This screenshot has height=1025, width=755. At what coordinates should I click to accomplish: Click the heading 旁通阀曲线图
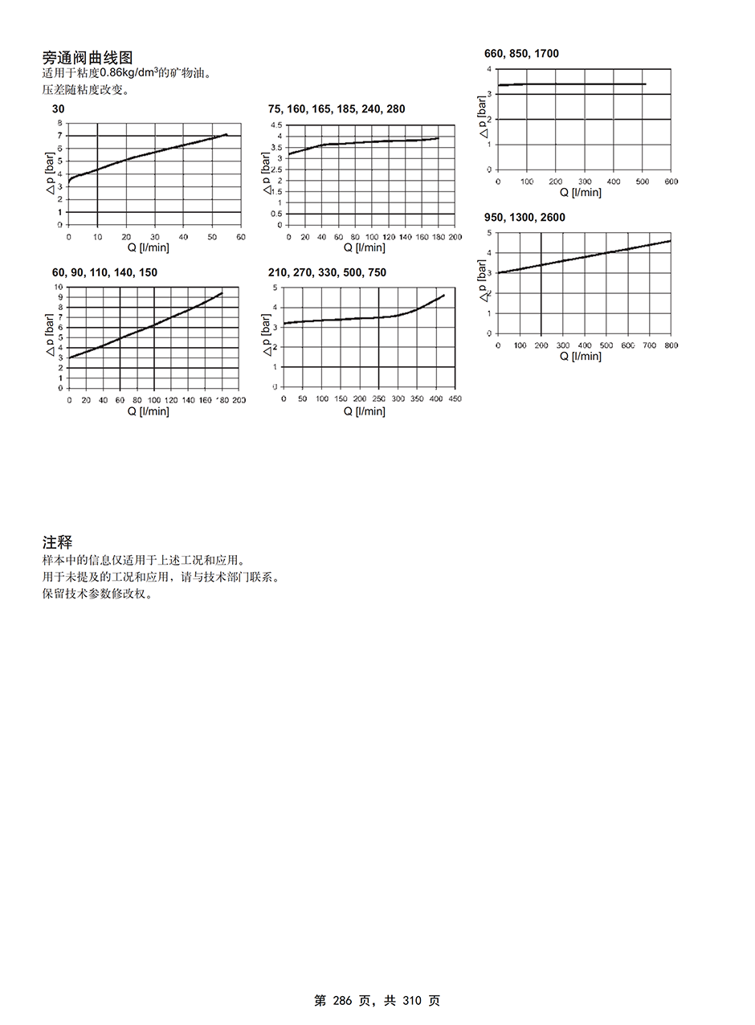(88, 58)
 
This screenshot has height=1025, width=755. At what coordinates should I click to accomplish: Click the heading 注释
(57, 544)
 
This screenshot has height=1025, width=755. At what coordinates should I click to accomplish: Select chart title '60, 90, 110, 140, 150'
(104, 273)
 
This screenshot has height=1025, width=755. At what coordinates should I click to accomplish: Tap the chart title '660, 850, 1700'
(521, 54)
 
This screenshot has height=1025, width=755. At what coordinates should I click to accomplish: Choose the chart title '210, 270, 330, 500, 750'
(327, 273)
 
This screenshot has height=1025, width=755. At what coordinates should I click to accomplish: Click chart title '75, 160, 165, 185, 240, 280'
(337, 109)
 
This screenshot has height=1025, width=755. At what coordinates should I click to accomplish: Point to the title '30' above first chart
(58, 109)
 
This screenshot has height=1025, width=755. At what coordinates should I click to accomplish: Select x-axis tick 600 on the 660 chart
(671, 182)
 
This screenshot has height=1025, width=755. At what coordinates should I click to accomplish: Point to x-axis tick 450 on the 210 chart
(455, 399)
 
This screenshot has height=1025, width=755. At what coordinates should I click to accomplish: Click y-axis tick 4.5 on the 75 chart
(275, 125)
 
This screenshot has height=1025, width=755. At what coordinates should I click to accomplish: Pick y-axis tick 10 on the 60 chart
(58, 288)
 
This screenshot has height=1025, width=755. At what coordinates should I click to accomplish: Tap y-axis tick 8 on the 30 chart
(59, 123)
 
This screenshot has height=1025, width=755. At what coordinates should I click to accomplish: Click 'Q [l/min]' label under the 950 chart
(581, 356)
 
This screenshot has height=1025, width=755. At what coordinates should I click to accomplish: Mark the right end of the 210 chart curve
(443, 295)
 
